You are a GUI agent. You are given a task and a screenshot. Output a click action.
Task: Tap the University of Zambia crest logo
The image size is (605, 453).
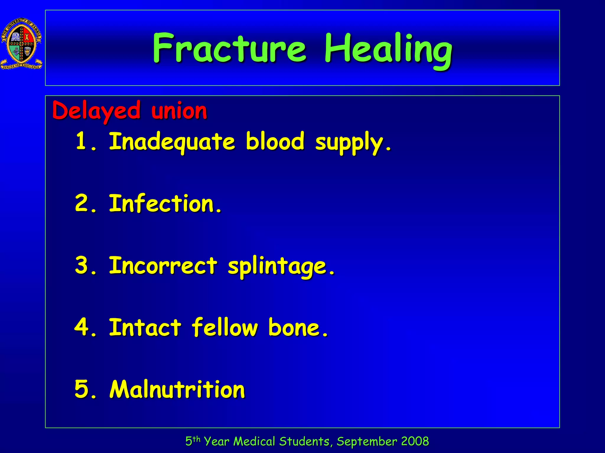click(x=22, y=43)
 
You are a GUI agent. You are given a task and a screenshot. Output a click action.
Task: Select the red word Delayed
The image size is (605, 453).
click(x=96, y=111)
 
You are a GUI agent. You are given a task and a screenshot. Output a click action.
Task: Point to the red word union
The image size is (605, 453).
click(x=179, y=111)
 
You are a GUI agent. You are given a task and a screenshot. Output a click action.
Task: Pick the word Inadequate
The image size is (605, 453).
click(x=172, y=142)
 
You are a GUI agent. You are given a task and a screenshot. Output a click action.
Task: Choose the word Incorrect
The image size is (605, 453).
click(x=163, y=265)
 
